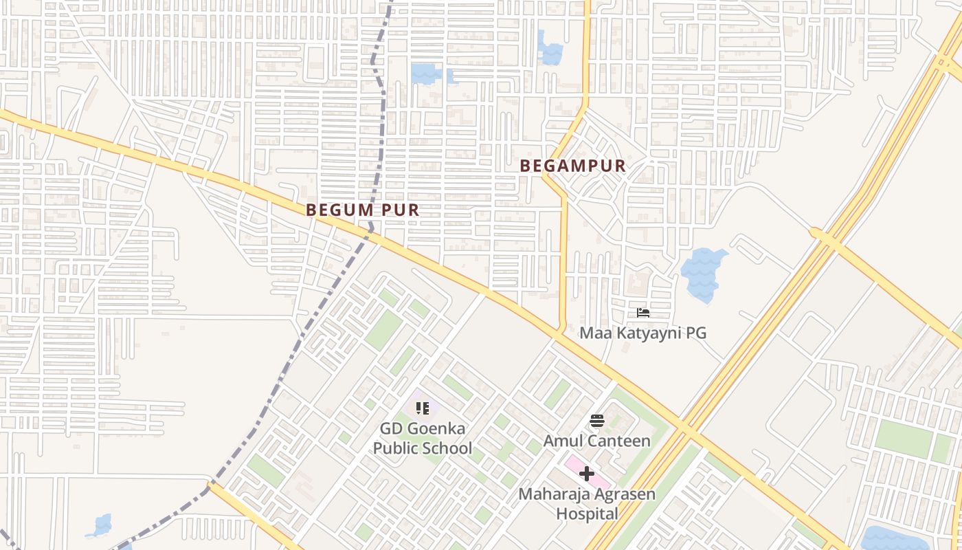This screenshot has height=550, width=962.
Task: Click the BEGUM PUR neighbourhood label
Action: tap(362, 210)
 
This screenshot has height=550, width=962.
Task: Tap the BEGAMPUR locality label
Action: tap(573, 166)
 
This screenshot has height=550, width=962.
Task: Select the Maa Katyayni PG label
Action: tap(642, 333)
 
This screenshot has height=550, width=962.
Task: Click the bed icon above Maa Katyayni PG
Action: tap(643, 313)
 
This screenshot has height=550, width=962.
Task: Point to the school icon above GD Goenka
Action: tap(423, 409)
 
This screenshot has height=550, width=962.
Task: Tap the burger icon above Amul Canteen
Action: tap(596, 421)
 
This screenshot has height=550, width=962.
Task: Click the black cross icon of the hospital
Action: tap(586, 473)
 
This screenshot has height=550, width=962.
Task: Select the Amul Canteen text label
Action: tap(596, 441)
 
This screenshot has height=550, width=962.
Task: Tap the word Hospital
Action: tap(587, 514)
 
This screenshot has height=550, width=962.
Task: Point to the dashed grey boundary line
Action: tap(330, 289)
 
